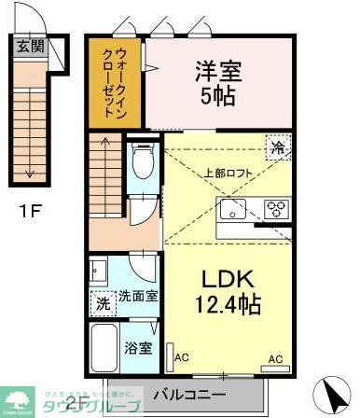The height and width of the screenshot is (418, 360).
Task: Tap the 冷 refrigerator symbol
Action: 276,146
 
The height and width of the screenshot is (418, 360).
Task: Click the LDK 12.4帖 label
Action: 228,289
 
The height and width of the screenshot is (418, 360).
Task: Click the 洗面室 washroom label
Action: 138,297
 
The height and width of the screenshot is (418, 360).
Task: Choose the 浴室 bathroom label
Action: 139,347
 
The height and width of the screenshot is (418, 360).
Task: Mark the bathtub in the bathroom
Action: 105,347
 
